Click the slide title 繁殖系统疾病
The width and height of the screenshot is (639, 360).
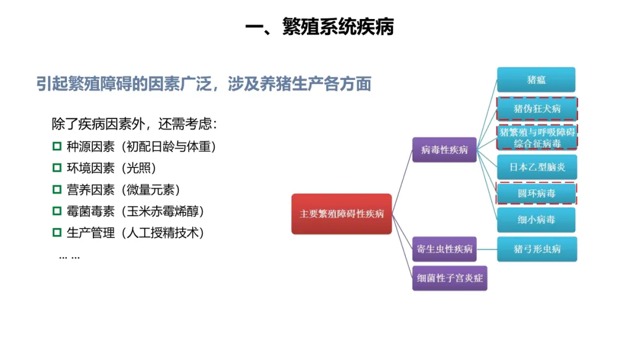[319, 27]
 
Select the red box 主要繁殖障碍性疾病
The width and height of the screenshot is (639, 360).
[341, 214]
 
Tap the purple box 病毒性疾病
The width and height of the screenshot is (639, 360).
[444, 150]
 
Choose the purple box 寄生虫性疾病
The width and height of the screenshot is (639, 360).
[444, 249]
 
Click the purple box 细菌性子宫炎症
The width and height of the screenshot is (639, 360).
[450, 278]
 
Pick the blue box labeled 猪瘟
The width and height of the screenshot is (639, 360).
[536, 80]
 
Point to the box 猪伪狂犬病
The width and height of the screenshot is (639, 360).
[536, 109]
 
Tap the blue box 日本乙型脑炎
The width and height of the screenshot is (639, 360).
[536, 167]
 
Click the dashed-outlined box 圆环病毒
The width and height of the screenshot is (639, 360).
[536, 193]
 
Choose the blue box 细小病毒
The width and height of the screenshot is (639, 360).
[536, 220]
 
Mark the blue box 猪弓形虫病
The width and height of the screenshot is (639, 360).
[536, 249]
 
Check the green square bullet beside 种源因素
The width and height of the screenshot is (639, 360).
[57, 146]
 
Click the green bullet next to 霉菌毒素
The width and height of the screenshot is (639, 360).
[57, 211]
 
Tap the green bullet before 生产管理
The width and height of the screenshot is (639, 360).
[57, 232]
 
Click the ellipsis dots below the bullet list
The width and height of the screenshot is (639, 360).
[69, 256]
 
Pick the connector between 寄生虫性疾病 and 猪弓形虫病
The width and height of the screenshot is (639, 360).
[486, 249]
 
